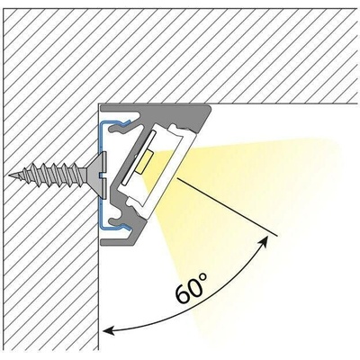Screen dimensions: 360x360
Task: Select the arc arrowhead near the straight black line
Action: click(x=264, y=241)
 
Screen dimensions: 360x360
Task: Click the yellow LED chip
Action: click(x=145, y=162)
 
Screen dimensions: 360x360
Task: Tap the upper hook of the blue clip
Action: click(x=123, y=122)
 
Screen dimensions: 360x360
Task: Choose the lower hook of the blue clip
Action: click(x=123, y=227)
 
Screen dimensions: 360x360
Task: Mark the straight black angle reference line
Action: click(x=228, y=207)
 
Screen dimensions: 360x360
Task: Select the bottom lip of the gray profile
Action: click(x=119, y=241)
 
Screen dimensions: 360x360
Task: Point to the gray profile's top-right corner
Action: click(x=210, y=105)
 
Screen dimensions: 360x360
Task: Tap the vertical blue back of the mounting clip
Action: click(x=100, y=175)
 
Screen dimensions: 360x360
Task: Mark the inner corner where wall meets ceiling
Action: click(x=99, y=103)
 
